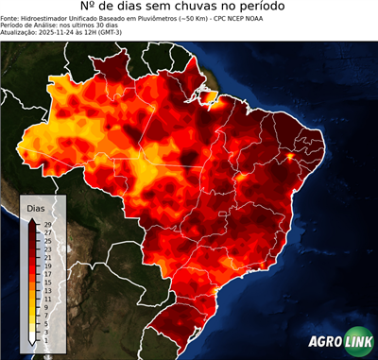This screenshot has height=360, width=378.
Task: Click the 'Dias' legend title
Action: [x=36, y=207]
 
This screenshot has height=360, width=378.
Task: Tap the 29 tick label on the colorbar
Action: [x=47, y=224]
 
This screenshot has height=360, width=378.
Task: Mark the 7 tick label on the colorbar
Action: [x=47, y=315]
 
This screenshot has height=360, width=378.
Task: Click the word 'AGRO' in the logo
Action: [x=324, y=343]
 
